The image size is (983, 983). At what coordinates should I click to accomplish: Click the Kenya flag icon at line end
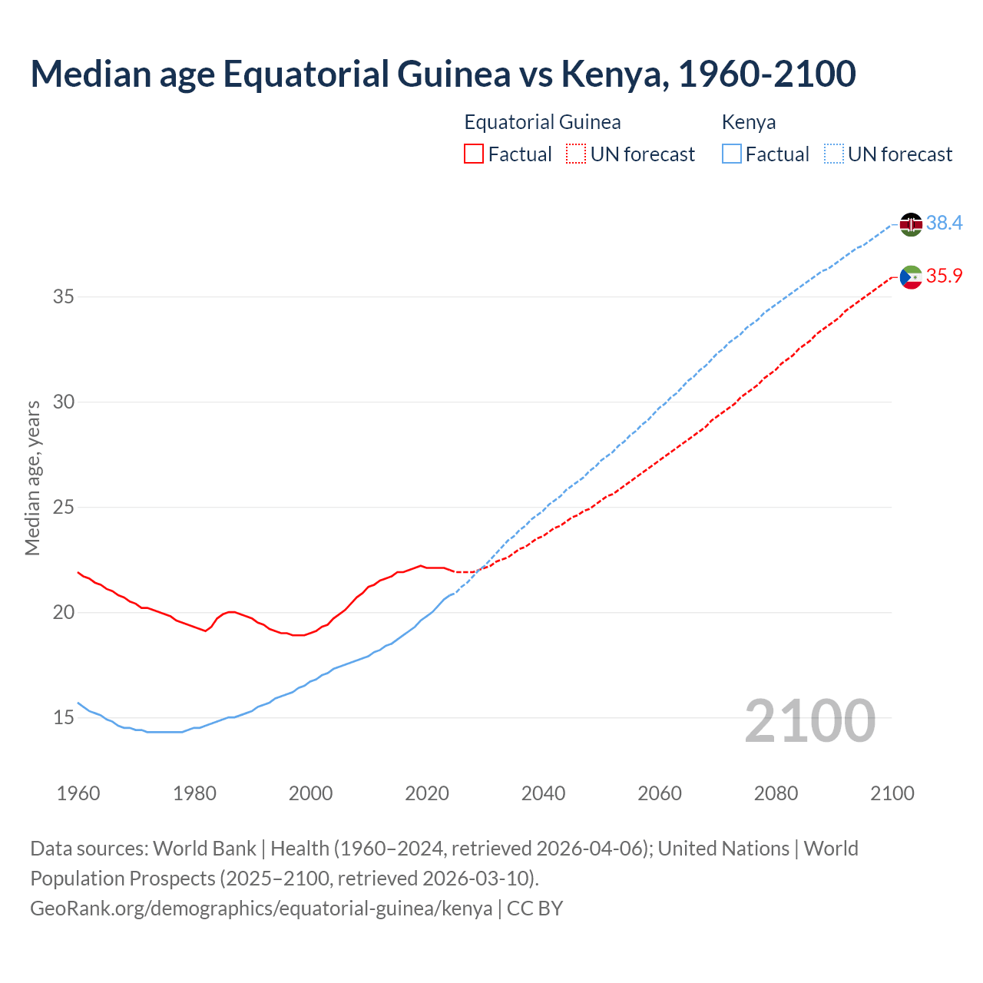click(911, 224)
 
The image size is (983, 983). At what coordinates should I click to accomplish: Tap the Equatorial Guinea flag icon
click(911, 277)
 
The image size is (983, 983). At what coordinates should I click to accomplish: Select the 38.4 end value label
click(944, 223)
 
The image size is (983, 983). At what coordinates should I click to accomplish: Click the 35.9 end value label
click(944, 276)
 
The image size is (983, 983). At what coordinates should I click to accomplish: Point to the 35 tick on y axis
click(63, 297)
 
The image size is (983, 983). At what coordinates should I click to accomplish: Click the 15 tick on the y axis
click(63, 718)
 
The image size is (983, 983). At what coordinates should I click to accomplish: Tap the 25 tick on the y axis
click(63, 508)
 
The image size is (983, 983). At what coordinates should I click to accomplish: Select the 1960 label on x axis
click(78, 793)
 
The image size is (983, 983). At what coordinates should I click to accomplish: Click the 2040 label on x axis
click(543, 793)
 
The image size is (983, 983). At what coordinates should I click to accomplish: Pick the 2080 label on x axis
click(776, 793)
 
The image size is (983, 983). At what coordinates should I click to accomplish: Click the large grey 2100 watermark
click(809, 720)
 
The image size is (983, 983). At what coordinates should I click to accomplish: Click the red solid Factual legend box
click(474, 154)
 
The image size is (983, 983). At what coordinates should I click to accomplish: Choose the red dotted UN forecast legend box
click(576, 154)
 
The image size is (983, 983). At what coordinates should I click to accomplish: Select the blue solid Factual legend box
click(732, 154)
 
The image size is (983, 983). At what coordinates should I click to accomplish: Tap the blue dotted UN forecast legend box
click(834, 154)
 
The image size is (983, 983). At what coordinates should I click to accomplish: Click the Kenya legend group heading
click(749, 122)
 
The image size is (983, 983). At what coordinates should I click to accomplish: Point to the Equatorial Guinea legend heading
click(542, 122)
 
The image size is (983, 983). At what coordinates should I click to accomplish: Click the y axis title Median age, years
click(32, 478)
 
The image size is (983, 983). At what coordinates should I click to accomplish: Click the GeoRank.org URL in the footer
click(261, 909)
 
